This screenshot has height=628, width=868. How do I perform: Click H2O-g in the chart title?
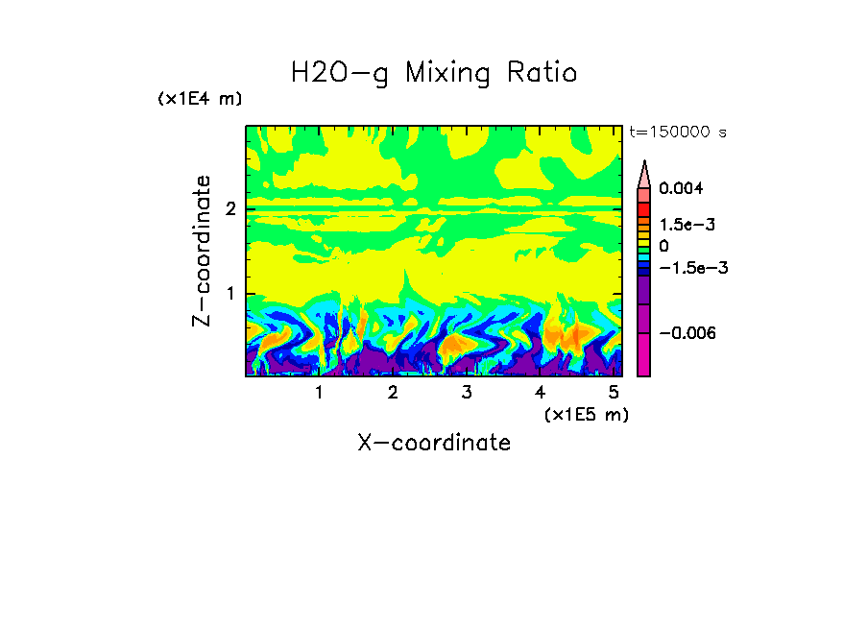point(340,73)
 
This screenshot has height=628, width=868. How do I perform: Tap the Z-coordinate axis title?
point(202,251)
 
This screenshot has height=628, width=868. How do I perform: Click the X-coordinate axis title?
point(434,443)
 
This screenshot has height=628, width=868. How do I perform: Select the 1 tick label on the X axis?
point(319,393)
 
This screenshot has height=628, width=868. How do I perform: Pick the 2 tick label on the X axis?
point(393,393)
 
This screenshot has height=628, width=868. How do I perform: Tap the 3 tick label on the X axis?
point(467,393)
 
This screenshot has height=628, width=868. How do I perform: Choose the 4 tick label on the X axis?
point(541,393)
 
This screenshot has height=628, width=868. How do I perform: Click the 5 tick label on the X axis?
point(615,393)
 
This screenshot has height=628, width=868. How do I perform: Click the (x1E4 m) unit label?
point(201,99)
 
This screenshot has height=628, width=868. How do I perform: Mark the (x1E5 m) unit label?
point(587,414)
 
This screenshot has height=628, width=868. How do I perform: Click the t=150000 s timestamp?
point(677,132)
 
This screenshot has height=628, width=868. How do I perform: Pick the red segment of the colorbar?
point(644,208)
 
